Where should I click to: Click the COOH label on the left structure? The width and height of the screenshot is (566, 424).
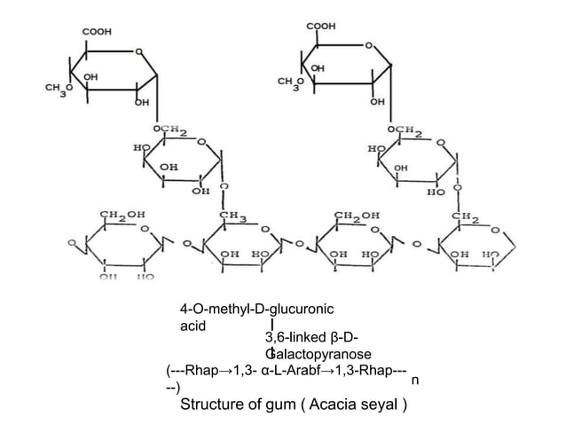coord(97,32)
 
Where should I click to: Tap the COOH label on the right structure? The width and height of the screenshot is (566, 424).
coord(322,27)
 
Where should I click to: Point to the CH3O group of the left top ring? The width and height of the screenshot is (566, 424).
coord(59,89)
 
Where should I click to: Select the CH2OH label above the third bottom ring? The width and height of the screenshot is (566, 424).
coord(356,216)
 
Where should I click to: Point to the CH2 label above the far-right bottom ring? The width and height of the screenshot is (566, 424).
coord(464,216)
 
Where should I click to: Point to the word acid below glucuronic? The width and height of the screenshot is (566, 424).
coord(193,326)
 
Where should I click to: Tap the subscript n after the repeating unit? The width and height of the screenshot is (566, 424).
coord(416,379)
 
